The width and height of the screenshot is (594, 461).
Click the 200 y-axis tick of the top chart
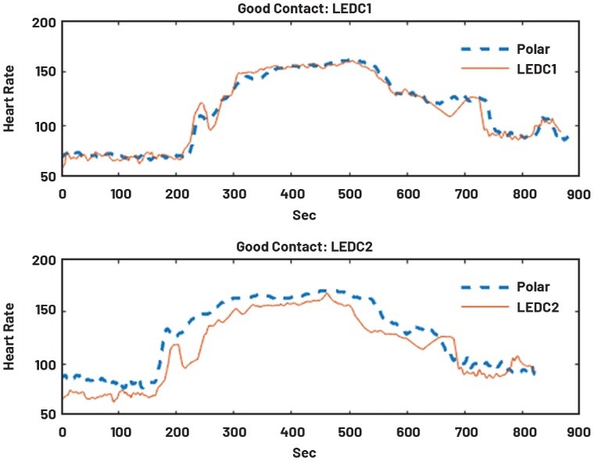[44, 23]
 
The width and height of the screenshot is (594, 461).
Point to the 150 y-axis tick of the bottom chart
[44, 312]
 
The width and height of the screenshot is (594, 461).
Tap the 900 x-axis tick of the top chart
[578, 191]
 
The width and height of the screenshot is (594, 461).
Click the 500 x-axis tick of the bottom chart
[349, 431]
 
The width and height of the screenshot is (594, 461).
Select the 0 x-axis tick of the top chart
[63, 191]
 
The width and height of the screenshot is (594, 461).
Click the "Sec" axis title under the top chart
[320, 212]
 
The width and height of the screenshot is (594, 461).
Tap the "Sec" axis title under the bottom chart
[320, 452]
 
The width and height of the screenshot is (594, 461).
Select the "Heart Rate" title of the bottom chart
[11, 338]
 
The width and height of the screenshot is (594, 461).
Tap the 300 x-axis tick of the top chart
[234, 191]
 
